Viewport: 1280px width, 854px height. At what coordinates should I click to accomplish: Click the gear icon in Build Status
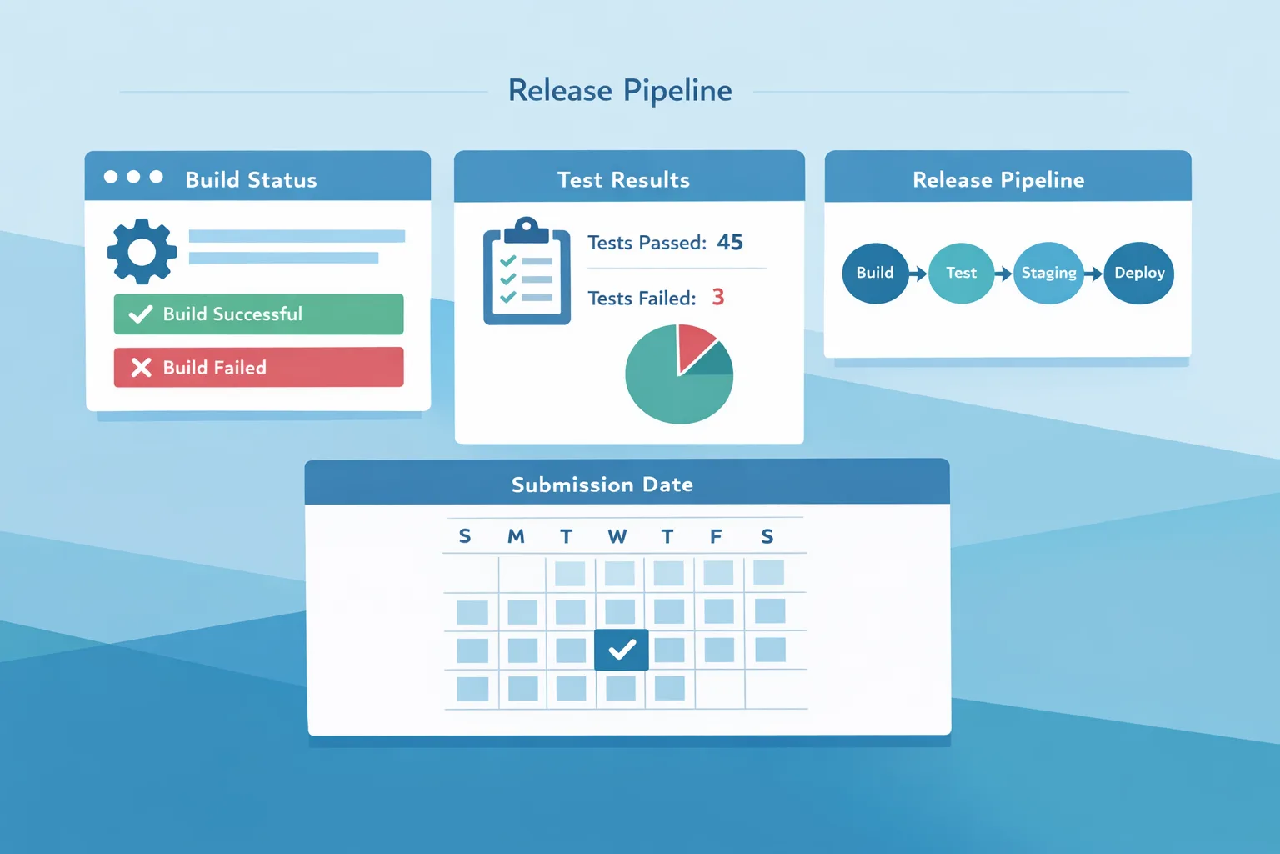coord(142,251)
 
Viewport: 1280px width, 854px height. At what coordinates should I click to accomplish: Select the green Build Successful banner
coord(258,314)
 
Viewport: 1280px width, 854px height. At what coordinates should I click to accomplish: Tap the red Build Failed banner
coord(258,367)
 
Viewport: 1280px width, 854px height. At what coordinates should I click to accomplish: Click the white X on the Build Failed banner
coord(142,367)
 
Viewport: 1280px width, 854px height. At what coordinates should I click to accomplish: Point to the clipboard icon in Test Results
coord(527,273)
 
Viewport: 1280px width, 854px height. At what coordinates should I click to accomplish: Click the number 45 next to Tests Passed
coord(729,242)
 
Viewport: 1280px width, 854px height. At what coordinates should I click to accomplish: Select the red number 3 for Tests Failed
coord(717,297)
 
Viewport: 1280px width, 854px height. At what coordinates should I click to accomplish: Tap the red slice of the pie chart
coord(693,344)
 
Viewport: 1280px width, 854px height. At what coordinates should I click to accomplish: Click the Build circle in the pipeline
coord(875,273)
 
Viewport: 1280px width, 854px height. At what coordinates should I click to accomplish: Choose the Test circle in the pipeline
coord(961,273)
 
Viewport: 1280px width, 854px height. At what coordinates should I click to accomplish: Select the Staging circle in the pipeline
coord(1048,273)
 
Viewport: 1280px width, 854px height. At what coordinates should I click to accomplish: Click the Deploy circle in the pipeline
coord(1138,273)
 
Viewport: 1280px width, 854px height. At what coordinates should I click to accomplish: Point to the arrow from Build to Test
coord(917,274)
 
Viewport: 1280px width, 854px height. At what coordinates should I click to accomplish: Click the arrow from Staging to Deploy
coord(1093,274)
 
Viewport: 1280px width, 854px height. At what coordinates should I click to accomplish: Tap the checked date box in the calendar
coord(622,650)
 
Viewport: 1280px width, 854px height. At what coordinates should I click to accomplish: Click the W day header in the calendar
coord(617,536)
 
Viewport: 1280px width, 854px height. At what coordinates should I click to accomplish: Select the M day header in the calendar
coord(516,536)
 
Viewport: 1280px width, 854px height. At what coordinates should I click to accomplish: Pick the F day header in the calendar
coord(716,536)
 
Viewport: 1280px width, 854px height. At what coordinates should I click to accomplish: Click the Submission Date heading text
coord(602,485)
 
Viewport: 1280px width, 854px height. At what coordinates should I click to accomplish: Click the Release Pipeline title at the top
coord(620,90)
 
